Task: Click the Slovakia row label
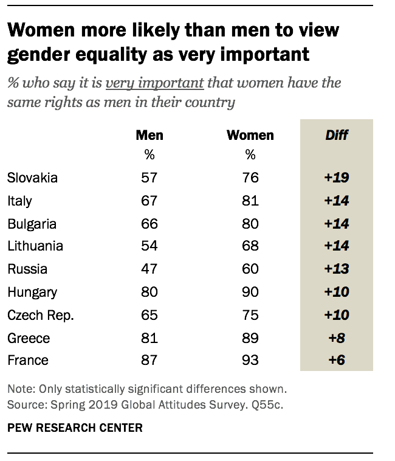click(x=32, y=178)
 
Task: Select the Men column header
click(x=149, y=135)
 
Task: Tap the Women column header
click(x=250, y=135)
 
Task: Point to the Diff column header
click(x=337, y=135)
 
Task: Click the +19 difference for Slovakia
click(x=337, y=178)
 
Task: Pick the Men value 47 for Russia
click(x=149, y=269)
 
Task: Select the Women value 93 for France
click(x=250, y=361)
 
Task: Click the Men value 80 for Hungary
click(x=149, y=293)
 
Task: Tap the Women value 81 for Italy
click(x=250, y=201)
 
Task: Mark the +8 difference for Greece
click(x=337, y=338)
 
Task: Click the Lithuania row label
click(x=35, y=247)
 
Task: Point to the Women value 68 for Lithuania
click(x=250, y=247)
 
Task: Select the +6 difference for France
click(x=337, y=361)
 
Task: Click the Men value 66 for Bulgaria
click(x=149, y=224)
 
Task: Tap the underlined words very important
click(x=154, y=83)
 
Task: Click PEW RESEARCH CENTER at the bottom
click(x=75, y=428)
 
